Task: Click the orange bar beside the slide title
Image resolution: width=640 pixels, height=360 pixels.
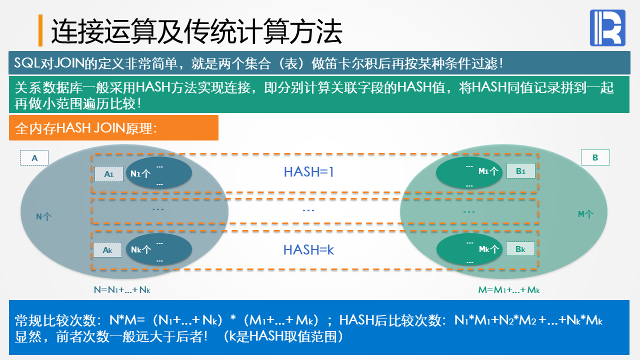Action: tap(40, 30)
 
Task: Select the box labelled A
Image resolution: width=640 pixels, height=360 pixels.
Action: tap(34, 158)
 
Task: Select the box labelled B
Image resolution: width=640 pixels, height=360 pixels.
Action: tap(595, 158)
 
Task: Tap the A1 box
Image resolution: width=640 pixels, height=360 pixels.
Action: tap(109, 174)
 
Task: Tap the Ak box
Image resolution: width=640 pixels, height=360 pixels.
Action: tap(107, 250)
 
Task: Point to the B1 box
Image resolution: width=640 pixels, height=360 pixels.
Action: tap(520, 171)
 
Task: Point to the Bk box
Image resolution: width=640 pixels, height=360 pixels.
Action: tap(520, 248)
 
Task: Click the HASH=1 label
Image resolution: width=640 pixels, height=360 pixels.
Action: tap(308, 172)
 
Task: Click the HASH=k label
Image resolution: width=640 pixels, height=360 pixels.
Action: tap(308, 249)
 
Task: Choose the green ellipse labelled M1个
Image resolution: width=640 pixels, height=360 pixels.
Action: tap(469, 172)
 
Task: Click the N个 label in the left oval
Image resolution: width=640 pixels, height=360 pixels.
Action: tap(44, 216)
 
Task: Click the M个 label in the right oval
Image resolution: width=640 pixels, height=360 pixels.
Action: tap(585, 214)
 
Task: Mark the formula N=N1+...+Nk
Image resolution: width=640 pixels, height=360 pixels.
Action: tap(122, 289)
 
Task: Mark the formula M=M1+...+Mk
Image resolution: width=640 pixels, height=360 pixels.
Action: tap(509, 289)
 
